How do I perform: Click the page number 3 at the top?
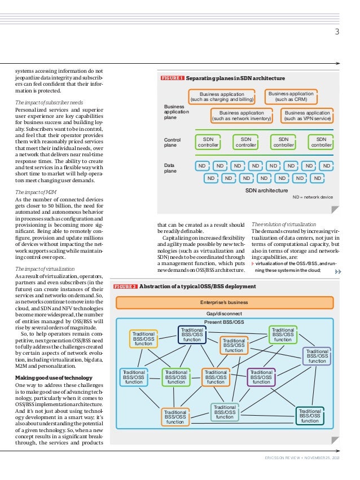[x=337, y=32]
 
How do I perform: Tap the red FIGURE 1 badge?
[x=173, y=78]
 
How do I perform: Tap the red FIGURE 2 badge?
[x=126, y=287]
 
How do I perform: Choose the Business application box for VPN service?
[x=308, y=116]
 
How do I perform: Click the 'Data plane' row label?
[x=170, y=168]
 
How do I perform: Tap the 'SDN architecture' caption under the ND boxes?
[x=266, y=191]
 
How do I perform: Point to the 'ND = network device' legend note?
[x=313, y=197]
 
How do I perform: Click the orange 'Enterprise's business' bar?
[x=229, y=302]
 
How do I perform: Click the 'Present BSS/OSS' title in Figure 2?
[x=224, y=322]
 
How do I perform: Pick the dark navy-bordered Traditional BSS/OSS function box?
[x=192, y=334]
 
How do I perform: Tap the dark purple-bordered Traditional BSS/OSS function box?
[x=261, y=377]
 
